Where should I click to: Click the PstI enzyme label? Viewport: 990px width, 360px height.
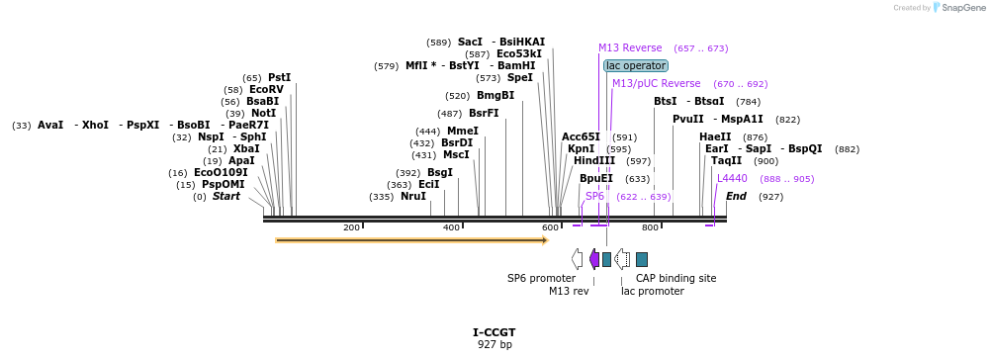[280, 77]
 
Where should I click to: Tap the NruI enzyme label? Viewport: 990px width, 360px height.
[413, 196]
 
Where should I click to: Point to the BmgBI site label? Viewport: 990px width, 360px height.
[495, 95]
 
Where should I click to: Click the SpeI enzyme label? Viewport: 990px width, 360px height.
[519, 77]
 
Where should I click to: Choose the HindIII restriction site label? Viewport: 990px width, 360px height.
[594, 160]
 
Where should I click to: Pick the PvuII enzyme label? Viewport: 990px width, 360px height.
[688, 119]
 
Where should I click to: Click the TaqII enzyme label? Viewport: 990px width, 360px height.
[726, 160]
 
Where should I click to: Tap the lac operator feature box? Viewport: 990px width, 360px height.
[635, 65]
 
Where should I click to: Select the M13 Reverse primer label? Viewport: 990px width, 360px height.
[630, 47]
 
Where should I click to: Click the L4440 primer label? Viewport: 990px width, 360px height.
[732, 178]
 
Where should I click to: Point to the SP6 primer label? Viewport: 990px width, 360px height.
[594, 196]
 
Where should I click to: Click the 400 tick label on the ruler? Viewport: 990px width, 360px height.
[451, 227]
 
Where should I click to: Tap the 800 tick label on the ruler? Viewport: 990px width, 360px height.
[650, 227]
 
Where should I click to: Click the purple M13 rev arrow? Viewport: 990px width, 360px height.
[593, 259]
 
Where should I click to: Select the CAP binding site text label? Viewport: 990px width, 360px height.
[675, 278]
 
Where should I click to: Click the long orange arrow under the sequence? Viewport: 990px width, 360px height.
[410, 239]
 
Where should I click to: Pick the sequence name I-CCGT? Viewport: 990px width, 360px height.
[495, 332]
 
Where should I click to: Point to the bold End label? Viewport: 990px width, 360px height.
[736, 196]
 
